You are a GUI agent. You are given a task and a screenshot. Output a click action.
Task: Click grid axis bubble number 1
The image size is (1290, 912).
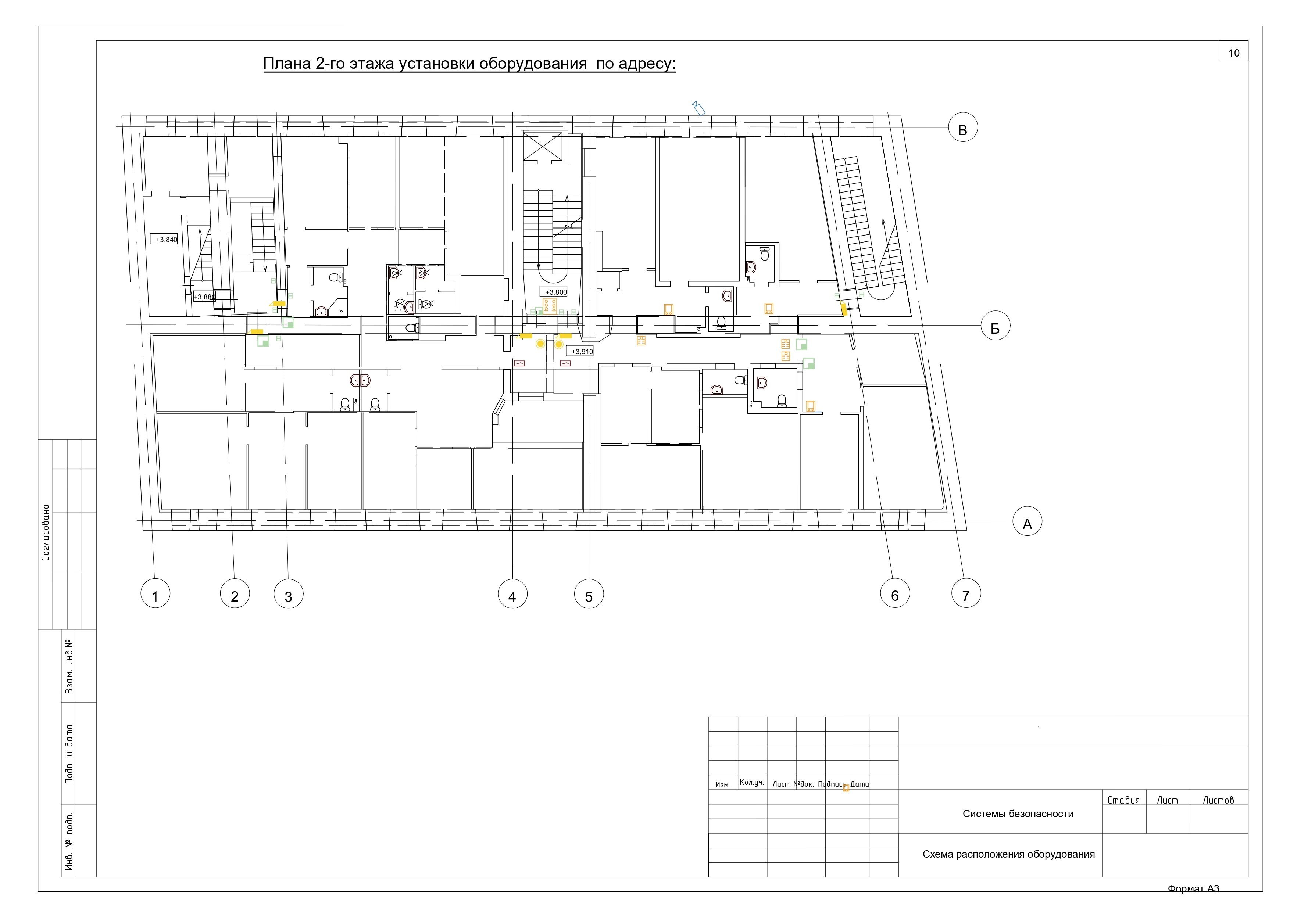(x=156, y=593)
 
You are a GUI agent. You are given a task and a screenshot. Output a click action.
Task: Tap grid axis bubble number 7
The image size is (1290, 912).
(x=966, y=593)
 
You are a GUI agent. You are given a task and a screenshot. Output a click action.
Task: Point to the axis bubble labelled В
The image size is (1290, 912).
(x=963, y=128)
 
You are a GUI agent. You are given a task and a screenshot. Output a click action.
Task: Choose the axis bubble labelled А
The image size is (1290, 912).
(x=1027, y=521)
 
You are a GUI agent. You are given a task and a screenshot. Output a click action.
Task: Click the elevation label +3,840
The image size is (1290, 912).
(x=166, y=239)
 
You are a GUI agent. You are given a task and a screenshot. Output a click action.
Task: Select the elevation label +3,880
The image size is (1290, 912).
(x=204, y=297)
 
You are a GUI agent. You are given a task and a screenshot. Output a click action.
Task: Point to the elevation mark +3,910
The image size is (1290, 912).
(x=582, y=352)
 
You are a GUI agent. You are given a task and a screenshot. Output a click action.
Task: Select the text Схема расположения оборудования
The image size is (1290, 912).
(x=1008, y=854)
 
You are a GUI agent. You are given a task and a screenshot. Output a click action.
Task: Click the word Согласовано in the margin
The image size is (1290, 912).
(x=46, y=532)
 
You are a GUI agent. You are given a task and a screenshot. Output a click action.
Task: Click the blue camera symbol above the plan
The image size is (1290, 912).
(x=698, y=108)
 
